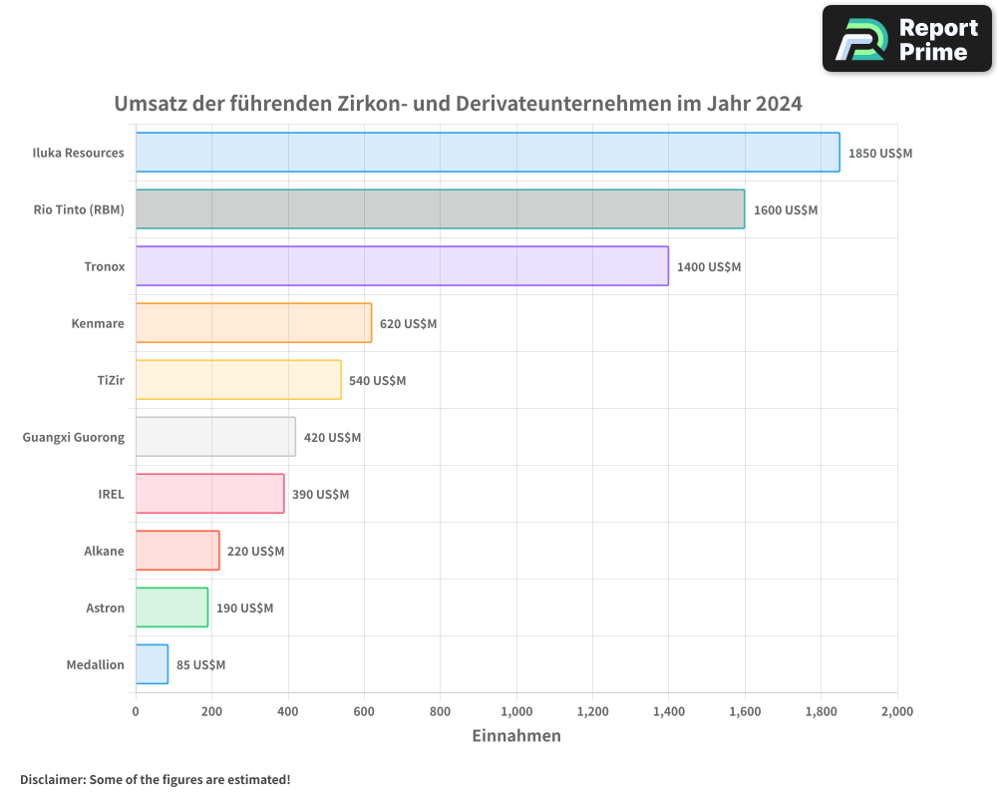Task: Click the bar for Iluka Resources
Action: (x=488, y=153)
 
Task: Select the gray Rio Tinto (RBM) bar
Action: (x=440, y=209)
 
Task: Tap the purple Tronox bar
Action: (x=402, y=266)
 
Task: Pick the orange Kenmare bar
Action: (x=253, y=323)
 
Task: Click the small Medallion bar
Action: (x=152, y=664)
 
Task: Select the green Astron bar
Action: (x=171, y=607)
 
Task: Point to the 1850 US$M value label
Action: (x=880, y=154)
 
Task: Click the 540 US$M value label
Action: (x=377, y=381)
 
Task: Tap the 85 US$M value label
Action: (x=200, y=665)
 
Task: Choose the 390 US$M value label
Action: (x=320, y=495)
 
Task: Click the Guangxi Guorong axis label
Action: (x=74, y=437)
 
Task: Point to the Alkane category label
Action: (x=104, y=551)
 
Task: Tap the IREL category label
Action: (x=111, y=494)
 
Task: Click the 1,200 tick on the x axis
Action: (x=592, y=711)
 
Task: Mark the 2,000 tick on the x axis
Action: (x=896, y=711)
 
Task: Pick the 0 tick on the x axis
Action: (x=136, y=711)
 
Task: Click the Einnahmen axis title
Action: (x=515, y=736)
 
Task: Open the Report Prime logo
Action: (x=906, y=39)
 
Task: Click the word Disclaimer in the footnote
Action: (x=52, y=779)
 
